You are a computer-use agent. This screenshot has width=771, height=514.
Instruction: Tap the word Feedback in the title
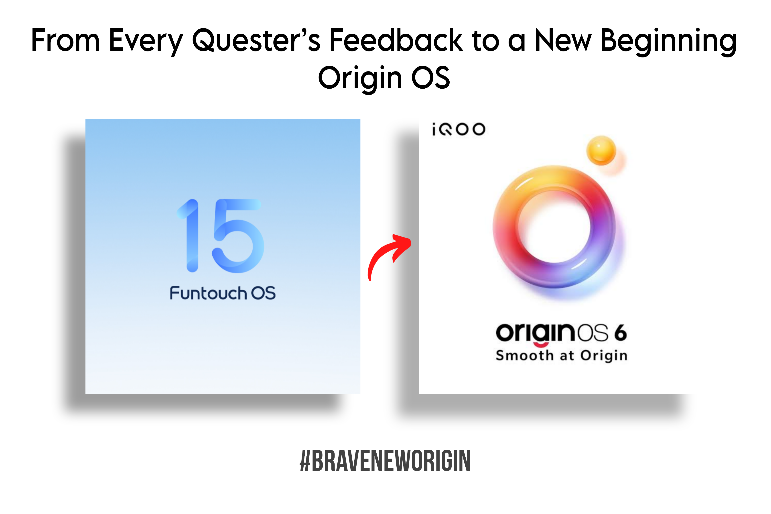396,40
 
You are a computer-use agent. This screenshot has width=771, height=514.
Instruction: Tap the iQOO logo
458,129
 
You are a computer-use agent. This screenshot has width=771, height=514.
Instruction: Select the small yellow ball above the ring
601,150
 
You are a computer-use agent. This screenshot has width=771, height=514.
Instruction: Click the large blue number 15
220,236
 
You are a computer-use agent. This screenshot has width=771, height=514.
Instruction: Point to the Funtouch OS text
223,293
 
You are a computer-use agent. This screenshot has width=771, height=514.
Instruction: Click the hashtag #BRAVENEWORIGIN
385,461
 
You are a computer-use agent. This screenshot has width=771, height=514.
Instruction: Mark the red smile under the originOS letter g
541,344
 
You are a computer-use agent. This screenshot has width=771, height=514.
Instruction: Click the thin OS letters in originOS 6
592,333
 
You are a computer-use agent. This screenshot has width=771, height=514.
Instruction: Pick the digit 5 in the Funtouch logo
237,236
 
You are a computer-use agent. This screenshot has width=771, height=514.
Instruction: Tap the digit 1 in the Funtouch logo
189,235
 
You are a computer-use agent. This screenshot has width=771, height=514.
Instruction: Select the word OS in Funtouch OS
263,293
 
